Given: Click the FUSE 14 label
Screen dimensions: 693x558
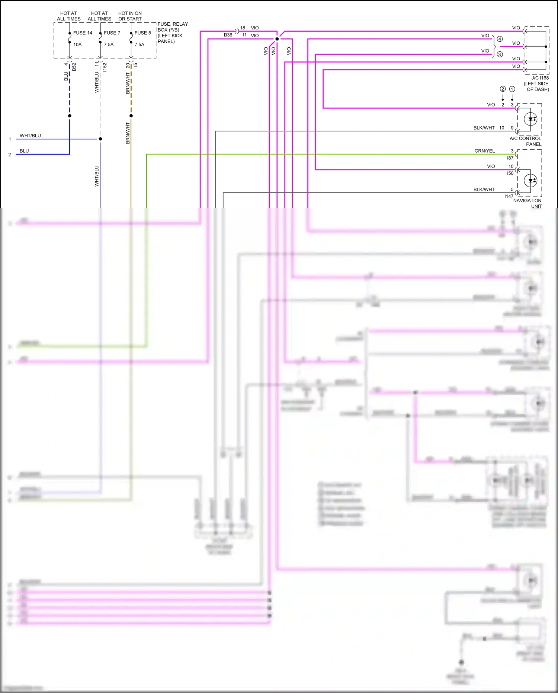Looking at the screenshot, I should [x=83, y=33].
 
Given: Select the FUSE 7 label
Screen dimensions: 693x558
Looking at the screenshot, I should [x=112, y=33].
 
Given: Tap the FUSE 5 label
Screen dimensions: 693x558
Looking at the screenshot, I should [x=143, y=33].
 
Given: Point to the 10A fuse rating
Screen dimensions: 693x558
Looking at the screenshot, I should [x=77, y=45].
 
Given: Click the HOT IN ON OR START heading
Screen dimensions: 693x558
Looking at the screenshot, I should [x=130, y=16].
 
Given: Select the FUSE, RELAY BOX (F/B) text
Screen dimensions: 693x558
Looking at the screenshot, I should [x=173, y=27].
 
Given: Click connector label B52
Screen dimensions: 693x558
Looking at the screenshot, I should [x=74, y=67].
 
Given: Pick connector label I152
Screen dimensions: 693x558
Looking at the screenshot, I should [x=105, y=67].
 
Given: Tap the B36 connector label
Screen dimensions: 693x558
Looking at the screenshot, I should [x=228, y=35].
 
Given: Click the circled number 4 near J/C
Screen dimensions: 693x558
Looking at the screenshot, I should [x=500, y=39].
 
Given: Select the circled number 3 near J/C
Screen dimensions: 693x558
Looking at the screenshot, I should [x=500, y=54].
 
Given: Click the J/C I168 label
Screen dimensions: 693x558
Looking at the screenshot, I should [x=540, y=78].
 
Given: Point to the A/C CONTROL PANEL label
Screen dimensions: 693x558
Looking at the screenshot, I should [x=526, y=141].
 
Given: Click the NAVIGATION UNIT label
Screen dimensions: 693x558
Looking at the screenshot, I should [x=527, y=203].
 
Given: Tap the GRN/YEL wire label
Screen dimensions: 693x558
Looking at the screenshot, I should [x=484, y=151].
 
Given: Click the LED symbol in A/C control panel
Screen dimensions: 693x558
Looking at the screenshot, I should [x=530, y=119].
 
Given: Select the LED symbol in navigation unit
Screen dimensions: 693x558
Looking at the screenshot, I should [x=530, y=181].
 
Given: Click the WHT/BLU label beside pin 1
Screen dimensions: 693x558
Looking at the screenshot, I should [x=30, y=136].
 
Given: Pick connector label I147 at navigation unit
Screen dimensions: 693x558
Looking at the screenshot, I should [x=509, y=196].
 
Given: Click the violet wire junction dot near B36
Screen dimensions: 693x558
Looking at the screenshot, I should [x=277, y=39].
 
